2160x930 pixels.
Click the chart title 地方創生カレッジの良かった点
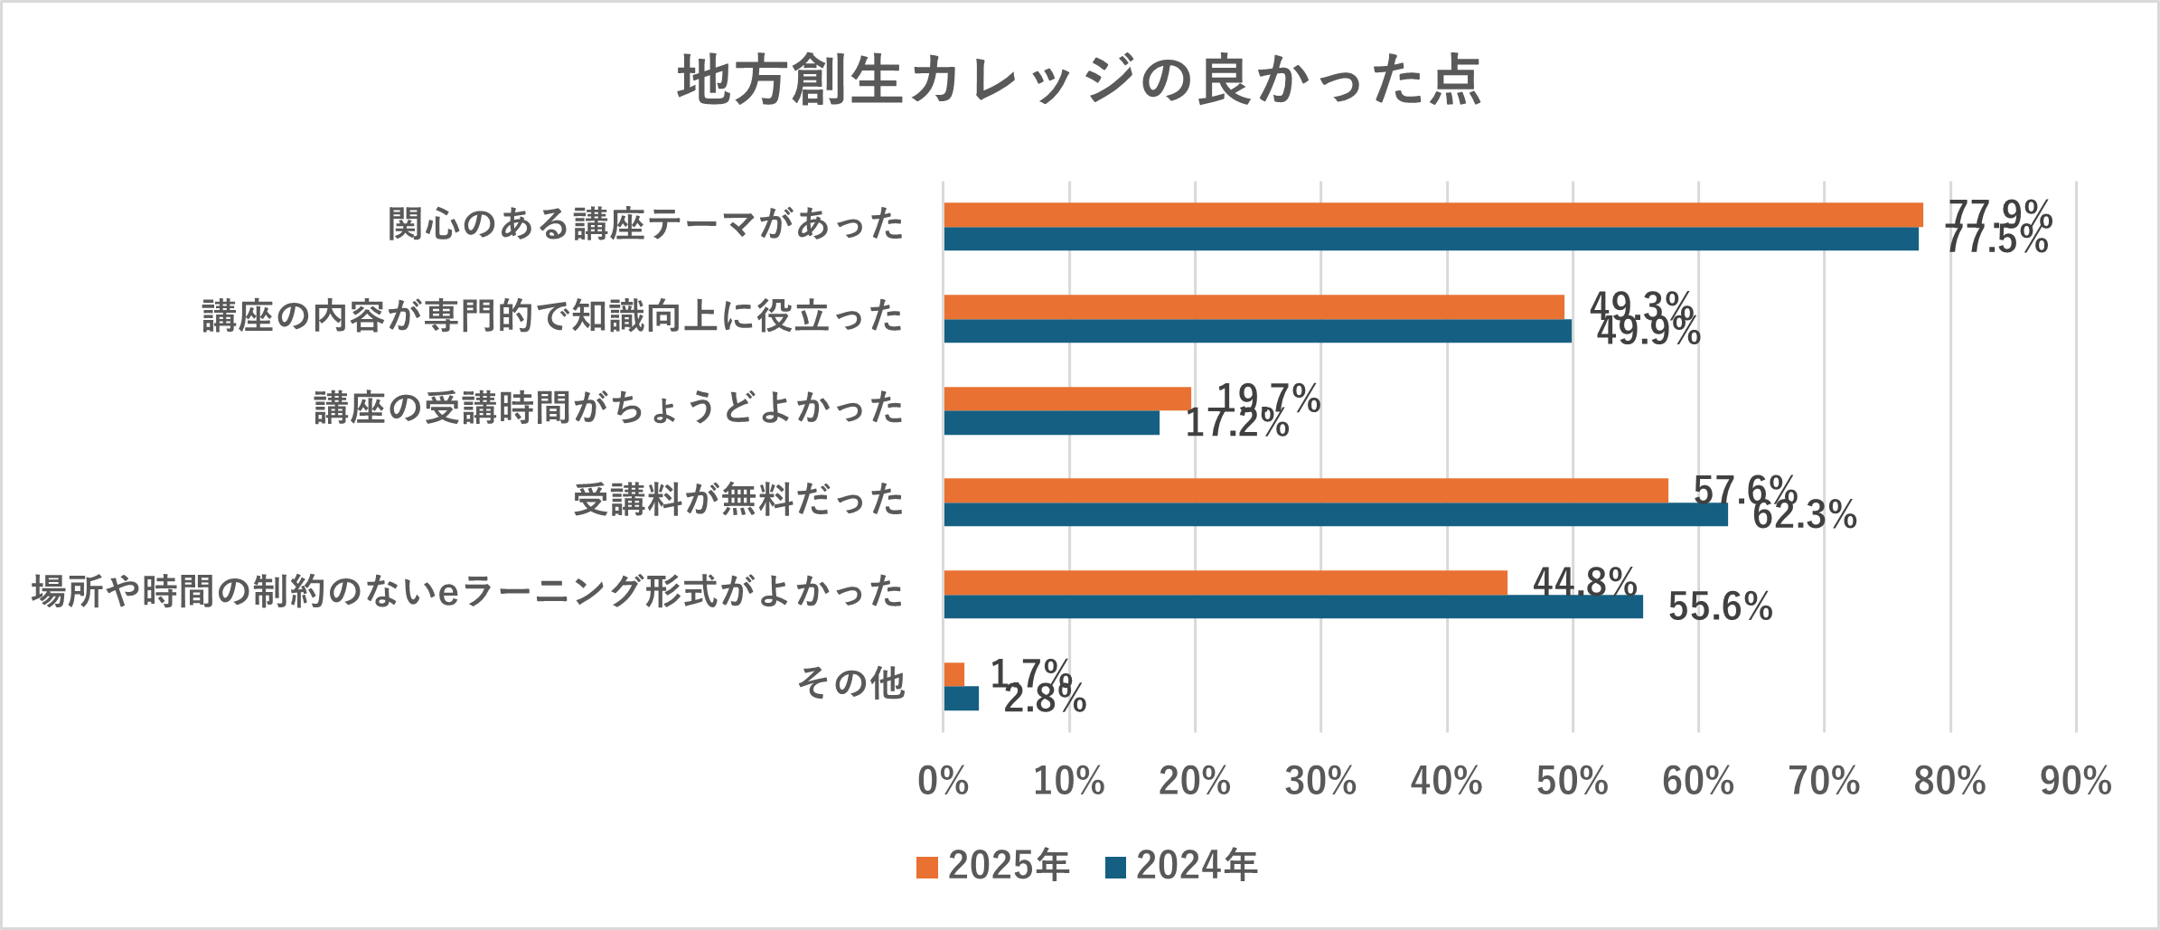click(x=1079, y=80)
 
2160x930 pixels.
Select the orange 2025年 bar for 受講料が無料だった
click(x=1305, y=491)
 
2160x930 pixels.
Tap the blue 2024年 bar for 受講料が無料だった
click(x=1335, y=514)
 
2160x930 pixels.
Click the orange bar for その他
click(x=954, y=674)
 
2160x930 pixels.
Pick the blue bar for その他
click(x=961, y=699)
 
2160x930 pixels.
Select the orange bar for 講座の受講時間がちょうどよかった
click(x=1066, y=399)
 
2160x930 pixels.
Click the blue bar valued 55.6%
click(x=1292, y=606)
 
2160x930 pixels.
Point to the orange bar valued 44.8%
click(x=1225, y=583)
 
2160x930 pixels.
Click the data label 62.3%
click(x=1804, y=515)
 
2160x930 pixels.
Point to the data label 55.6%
click(x=1720, y=607)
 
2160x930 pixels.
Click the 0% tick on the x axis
click(x=943, y=781)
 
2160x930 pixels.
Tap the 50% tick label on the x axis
click(x=1572, y=781)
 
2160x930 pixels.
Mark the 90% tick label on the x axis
click(x=2075, y=781)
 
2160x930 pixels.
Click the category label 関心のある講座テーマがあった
click(x=645, y=224)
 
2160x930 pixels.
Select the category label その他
click(x=850, y=683)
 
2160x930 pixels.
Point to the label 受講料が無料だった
click(x=738, y=500)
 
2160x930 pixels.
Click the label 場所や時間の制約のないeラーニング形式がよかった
click(x=467, y=592)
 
